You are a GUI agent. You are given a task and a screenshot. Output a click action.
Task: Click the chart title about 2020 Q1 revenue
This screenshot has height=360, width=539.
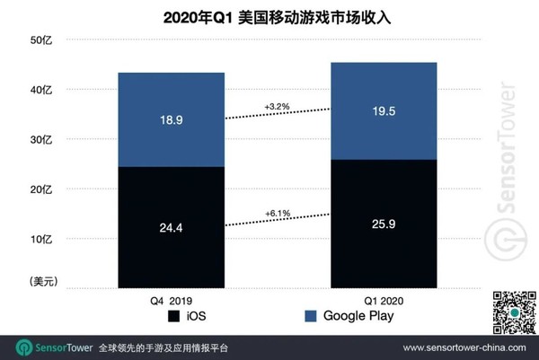[269, 16]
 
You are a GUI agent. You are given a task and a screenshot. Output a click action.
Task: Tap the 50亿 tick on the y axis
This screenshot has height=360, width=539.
[42, 40]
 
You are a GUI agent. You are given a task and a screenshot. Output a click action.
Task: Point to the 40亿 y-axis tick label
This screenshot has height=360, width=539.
[42, 90]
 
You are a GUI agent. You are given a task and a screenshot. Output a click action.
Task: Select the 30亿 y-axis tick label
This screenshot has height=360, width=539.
[42, 140]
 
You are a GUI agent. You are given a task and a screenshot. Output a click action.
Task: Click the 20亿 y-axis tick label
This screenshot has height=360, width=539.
[42, 189]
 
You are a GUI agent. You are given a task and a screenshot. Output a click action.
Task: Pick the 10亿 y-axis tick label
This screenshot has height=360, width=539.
[42, 240]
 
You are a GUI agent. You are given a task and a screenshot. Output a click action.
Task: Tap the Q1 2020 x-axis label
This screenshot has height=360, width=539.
[384, 298]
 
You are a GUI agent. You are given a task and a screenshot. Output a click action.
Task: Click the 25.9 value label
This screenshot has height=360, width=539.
[384, 224]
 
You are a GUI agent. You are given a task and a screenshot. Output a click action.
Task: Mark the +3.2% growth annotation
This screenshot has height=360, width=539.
[276, 106]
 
